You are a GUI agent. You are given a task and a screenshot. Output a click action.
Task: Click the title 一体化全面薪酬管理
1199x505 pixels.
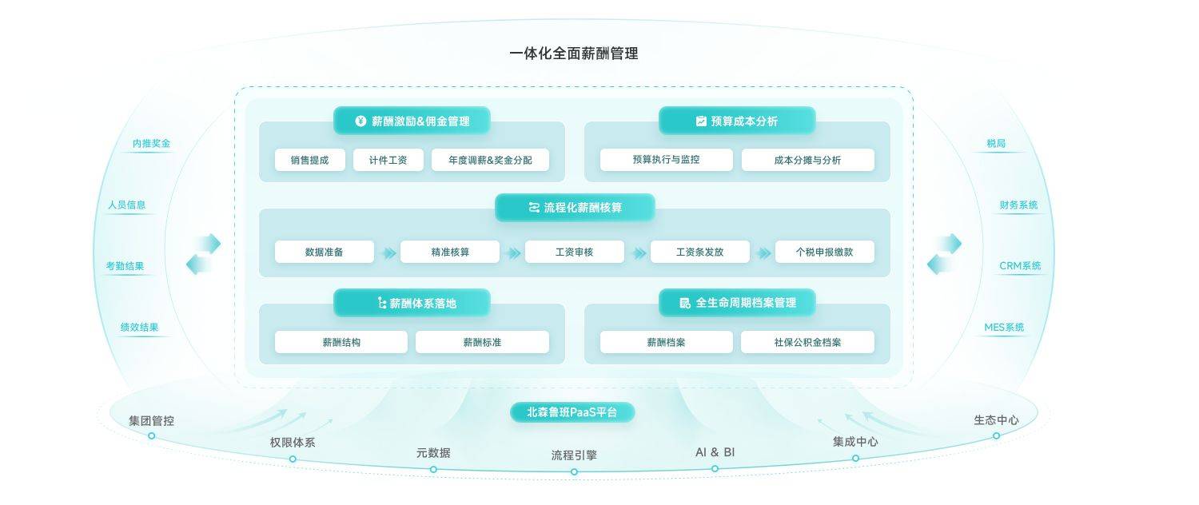tap(573, 54)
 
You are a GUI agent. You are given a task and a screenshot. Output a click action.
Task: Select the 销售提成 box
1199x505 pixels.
tap(309, 160)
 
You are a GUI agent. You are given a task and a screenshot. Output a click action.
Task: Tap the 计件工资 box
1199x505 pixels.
tap(388, 160)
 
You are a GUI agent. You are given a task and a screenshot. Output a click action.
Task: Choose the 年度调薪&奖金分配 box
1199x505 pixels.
tap(490, 160)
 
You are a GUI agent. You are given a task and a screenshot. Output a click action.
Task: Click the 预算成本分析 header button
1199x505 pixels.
tap(736, 121)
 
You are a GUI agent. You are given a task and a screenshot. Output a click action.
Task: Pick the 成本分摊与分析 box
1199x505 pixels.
tap(807, 160)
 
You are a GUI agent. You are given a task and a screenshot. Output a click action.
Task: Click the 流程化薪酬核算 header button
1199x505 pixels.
tap(575, 208)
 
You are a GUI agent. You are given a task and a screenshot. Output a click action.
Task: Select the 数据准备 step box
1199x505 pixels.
tap(324, 252)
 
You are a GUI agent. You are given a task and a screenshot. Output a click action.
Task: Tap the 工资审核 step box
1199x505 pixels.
tap(574, 252)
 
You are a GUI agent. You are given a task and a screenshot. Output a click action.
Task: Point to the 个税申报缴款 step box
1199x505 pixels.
tap(824, 252)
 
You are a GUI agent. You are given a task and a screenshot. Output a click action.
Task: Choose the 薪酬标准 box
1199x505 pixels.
tap(482, 342)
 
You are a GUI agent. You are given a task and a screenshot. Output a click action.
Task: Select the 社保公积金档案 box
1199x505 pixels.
tap(807, 342)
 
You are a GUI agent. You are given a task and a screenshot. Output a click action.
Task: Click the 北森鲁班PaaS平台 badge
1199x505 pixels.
tap(572, 412)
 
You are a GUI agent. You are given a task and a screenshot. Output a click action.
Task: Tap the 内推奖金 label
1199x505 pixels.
tap(151, 144)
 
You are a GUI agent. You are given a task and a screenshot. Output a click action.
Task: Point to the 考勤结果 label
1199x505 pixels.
tap(125, 266)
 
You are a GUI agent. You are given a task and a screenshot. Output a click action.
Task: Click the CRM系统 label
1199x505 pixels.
tap(1020, 266)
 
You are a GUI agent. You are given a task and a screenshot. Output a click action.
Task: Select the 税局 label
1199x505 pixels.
tap(996, 144)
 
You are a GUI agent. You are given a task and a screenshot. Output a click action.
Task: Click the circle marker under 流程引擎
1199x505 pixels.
tap(574, 471)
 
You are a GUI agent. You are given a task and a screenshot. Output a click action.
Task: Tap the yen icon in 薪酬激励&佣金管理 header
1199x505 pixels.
tap(360, 121)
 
